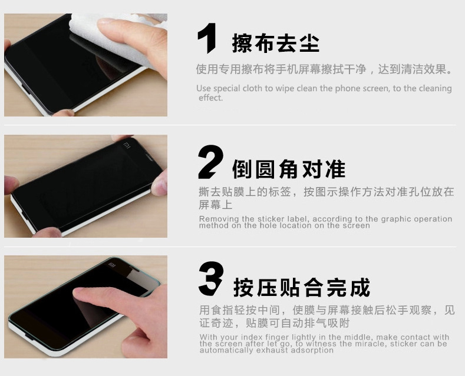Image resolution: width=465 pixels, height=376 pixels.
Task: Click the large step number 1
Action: click(207, 38)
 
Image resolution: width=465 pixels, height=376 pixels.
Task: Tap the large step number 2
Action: click(210, 162)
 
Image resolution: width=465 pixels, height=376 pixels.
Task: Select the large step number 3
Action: click(210, 278)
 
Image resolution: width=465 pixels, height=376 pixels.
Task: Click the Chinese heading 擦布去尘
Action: click(275, 43)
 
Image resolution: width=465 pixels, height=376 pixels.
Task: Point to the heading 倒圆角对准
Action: click(289, 169)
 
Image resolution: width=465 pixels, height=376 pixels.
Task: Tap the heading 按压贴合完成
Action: click(302, 287)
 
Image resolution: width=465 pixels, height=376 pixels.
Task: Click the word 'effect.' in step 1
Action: click(210, 98)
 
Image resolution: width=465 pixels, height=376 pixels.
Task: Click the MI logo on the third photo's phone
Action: click(112, 264)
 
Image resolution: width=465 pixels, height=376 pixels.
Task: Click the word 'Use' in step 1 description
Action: click(203, 88)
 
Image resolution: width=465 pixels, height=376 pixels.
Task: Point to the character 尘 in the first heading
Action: click(309, 43)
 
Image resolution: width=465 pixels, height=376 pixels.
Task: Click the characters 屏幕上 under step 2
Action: click(216, 205)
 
